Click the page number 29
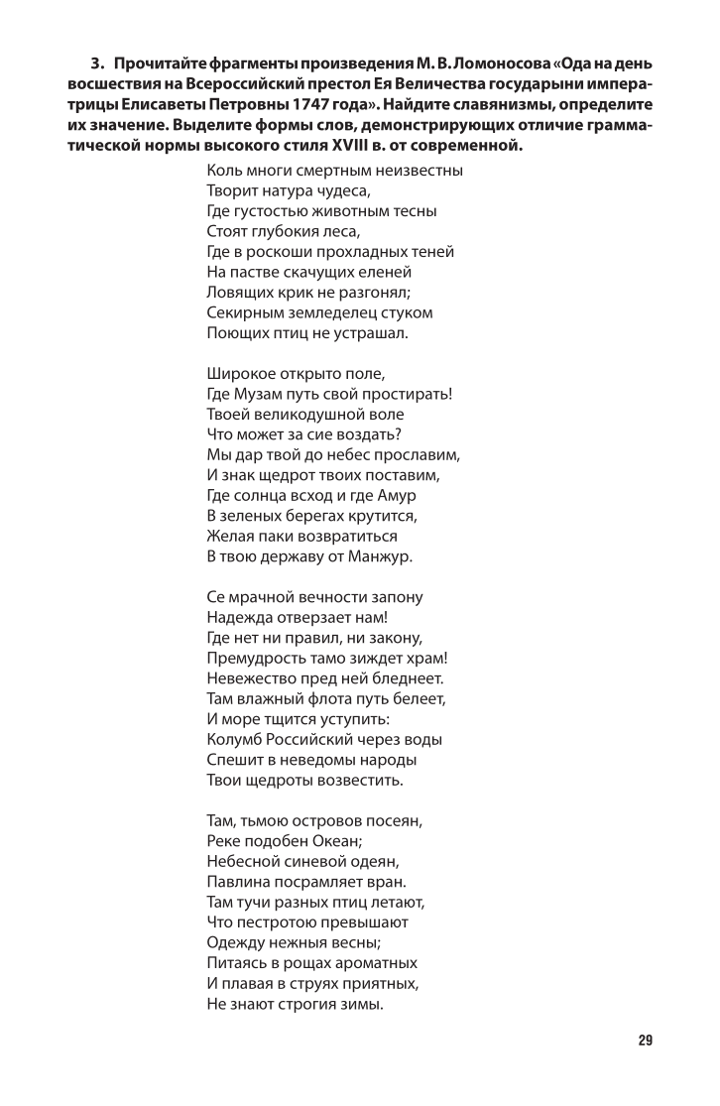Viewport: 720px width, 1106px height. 645,1041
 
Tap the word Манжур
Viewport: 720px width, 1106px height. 380,555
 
